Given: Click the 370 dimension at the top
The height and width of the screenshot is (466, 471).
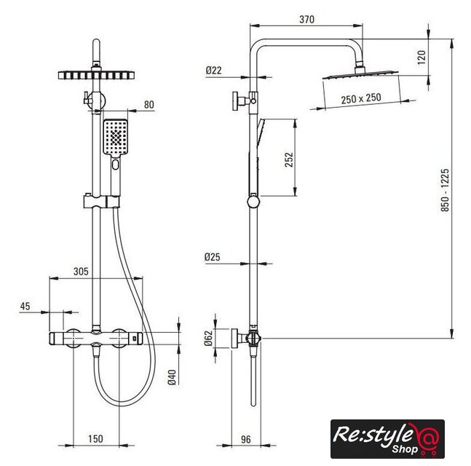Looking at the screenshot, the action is point(306,20).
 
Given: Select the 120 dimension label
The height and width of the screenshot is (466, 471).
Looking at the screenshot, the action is point(421,57).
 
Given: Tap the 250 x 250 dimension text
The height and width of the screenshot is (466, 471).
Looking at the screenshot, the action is point(361,98).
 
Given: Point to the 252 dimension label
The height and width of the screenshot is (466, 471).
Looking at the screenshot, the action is point(289,159).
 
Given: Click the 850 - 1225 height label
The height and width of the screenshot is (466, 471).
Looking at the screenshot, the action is point(446,190).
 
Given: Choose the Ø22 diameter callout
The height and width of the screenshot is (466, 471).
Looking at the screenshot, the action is point(213,71).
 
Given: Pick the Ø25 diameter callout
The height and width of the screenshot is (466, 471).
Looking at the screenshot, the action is point(212,257).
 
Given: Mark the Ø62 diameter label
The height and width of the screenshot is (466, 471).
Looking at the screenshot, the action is point(208,339).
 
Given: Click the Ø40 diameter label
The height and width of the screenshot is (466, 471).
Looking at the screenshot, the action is point(172,377).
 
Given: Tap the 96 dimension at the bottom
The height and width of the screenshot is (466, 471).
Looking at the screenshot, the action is point(246,439).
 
